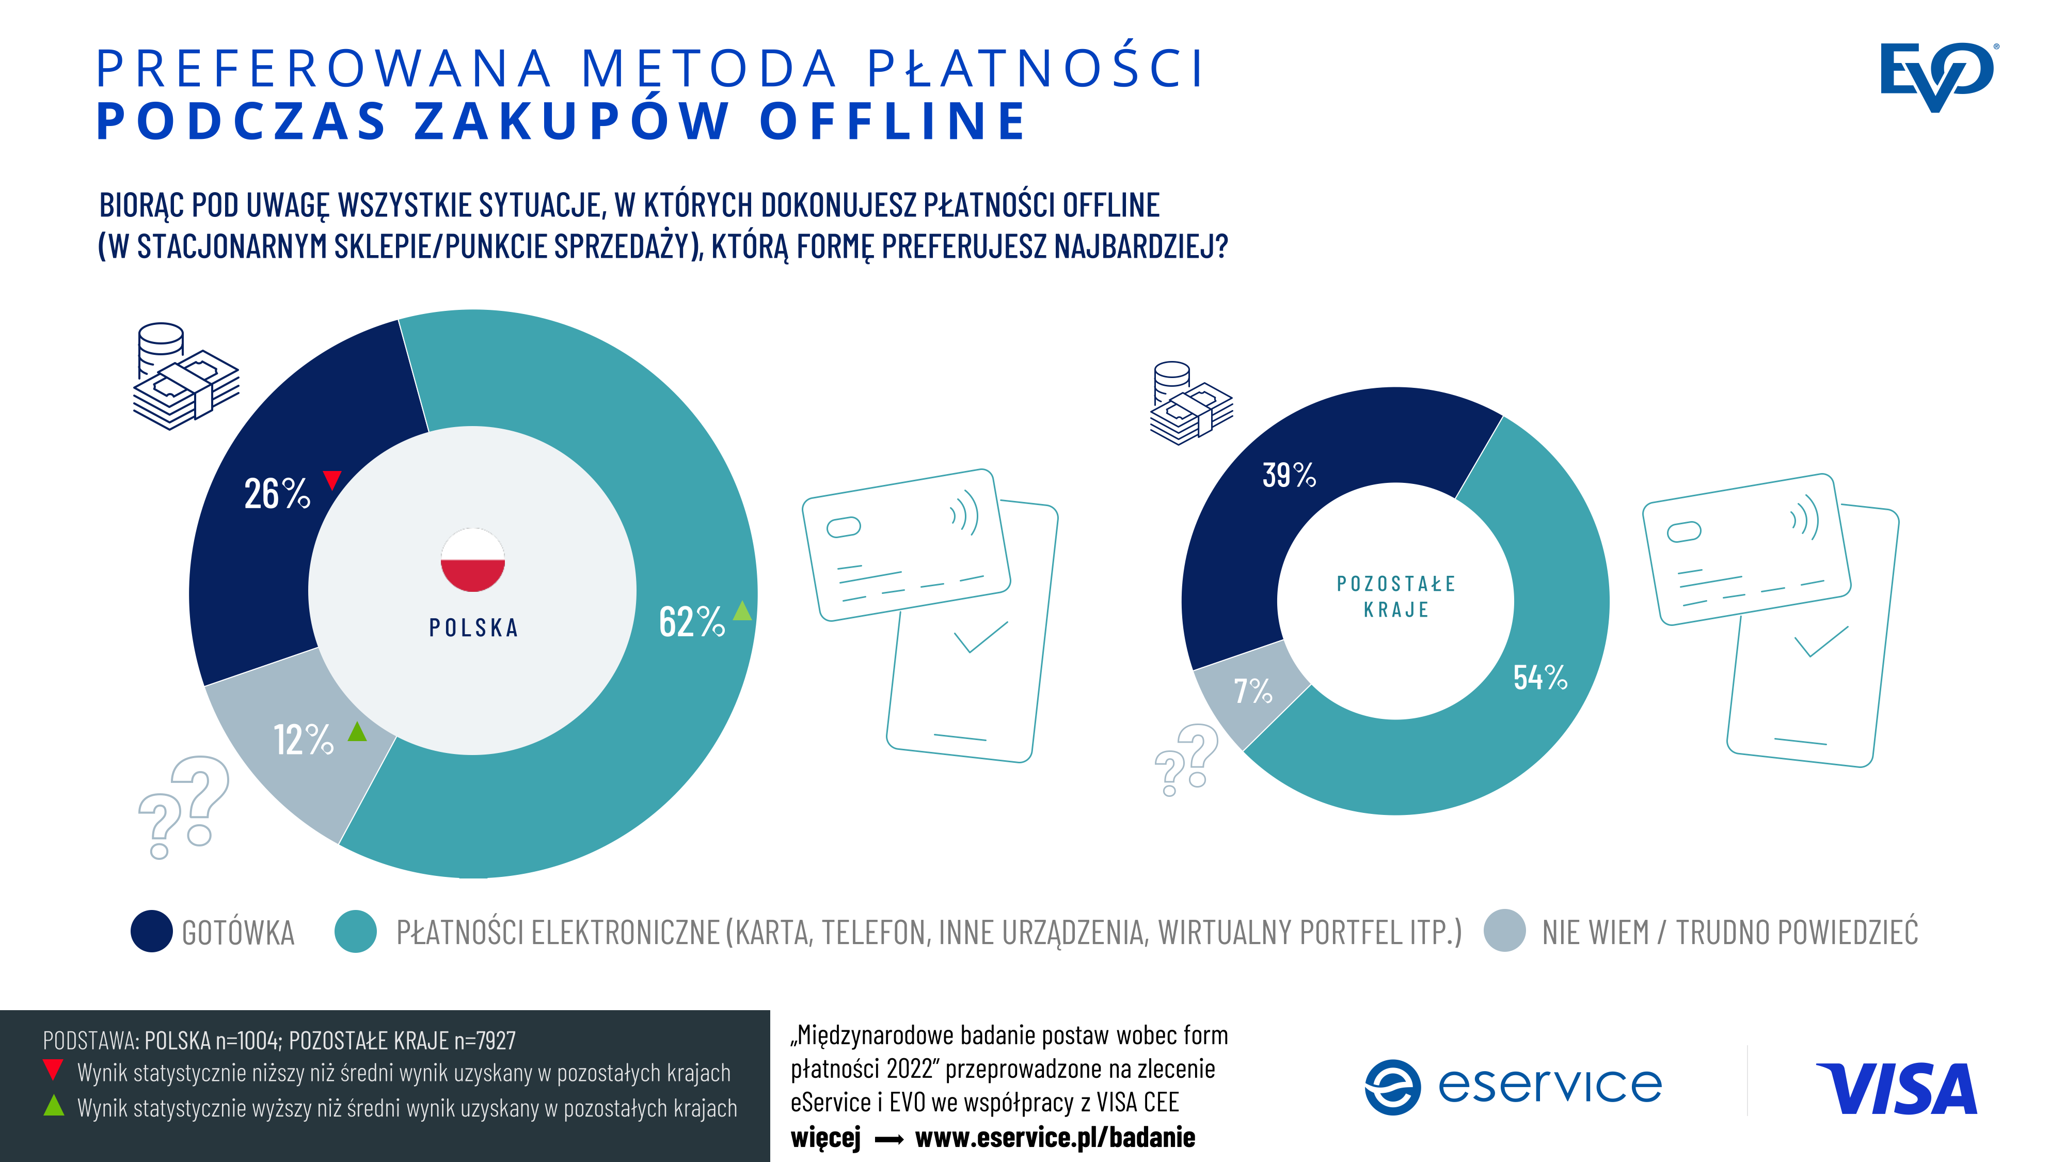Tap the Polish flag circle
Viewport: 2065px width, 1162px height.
point(473,560)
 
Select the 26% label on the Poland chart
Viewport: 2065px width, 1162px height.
point(277,494)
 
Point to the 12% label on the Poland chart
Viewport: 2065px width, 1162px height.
point(303,740)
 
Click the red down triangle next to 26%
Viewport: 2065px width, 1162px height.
point(332,480)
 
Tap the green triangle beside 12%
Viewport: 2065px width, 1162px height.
point(357,731)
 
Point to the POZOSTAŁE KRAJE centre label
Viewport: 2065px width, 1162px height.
point(1395,596)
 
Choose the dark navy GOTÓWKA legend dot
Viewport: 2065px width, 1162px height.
point(151,931)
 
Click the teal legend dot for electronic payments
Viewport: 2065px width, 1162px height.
point(356,931)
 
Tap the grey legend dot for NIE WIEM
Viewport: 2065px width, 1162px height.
point(1505,931)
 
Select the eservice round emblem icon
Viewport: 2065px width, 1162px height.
point(1392,1088)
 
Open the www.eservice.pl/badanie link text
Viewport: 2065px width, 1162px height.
point(1055,1137)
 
